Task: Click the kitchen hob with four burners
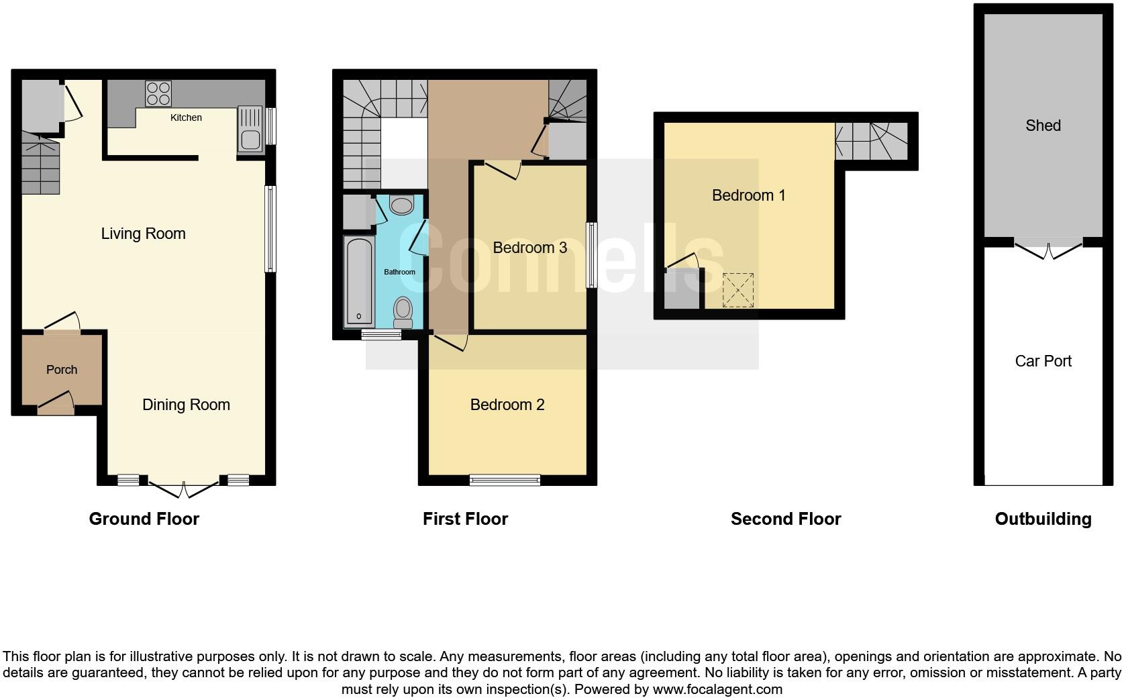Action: coord(158,93)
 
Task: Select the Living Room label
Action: coord(143,234)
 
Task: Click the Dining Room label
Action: coord(186,405)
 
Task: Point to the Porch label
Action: coord(62,370)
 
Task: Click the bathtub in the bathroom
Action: coord(359,281)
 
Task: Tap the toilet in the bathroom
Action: coord(403,311)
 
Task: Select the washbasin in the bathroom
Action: coord(401,205)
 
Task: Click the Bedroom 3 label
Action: coord(529,248)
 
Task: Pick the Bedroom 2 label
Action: coord(507,405)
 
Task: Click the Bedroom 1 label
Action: coord(748,195)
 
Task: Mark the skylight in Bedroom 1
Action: coord(738,290)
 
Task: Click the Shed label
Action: coord(1043,126)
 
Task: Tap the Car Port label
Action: coord(1043,361)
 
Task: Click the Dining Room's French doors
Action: coord(183,489)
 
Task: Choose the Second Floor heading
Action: coord(785,519)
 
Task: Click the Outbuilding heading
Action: coord(1043,519)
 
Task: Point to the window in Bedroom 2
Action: coord(505,479)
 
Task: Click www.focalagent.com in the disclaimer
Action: coord(717,689)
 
